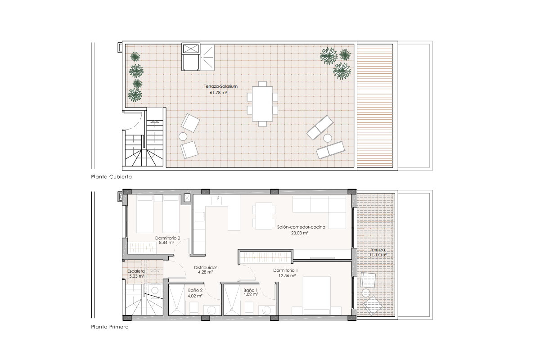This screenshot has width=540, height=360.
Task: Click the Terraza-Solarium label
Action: pos(220,86)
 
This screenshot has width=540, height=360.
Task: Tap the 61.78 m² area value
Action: pos(218,93)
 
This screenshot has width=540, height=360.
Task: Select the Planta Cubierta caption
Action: pos(112,177)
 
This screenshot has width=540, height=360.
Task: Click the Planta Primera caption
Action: pos(110,327)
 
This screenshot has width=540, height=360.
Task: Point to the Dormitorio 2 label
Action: pos(167,238)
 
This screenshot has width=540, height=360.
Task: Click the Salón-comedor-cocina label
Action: pos(301,227)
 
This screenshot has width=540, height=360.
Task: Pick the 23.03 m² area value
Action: pos(300,233)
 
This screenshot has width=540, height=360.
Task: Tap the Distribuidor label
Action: pos(205,267)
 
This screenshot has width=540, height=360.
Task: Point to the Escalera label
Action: pos(136,271)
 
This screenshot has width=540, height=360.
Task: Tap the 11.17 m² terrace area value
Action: pos(378,255)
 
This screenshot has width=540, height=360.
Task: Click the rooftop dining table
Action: pos(262,104)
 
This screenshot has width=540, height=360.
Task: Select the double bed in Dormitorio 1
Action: pos(316,296)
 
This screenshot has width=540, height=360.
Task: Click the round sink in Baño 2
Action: pos(211,310)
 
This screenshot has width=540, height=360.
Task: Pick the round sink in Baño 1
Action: pos(267,310)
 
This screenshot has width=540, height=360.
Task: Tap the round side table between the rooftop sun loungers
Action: pos(328,138)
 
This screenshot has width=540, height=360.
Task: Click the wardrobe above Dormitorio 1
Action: pos(265,257)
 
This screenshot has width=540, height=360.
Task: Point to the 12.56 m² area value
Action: pos(287,276)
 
